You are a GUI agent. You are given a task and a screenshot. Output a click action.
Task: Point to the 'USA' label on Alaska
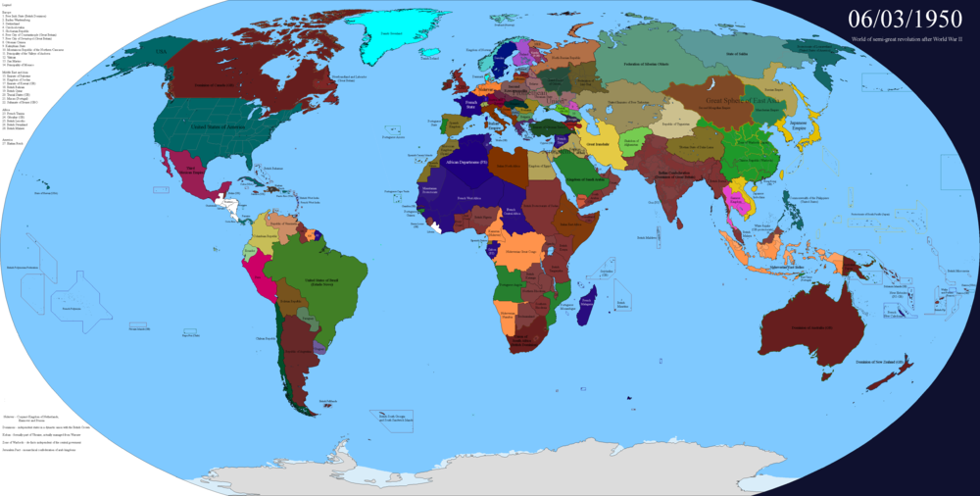(137, 49)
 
